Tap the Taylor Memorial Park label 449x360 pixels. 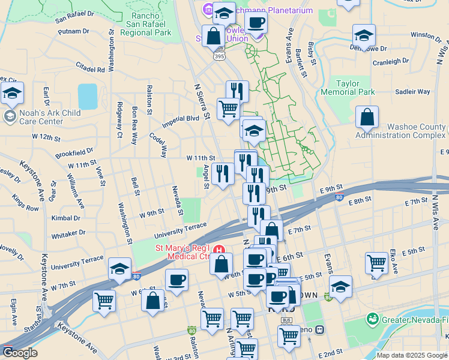356,88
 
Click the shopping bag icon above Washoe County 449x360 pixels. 367,118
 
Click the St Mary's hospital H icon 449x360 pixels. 219,250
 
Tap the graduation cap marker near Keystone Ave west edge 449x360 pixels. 12,93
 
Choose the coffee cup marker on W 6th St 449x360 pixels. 176,280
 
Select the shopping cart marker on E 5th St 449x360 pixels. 377,262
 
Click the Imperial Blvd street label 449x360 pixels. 184,118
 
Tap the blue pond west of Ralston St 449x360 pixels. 87,95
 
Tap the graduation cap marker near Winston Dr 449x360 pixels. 364,35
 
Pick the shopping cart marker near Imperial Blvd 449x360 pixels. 229,109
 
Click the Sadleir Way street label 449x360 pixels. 413,92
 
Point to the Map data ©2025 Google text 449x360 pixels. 412,355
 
